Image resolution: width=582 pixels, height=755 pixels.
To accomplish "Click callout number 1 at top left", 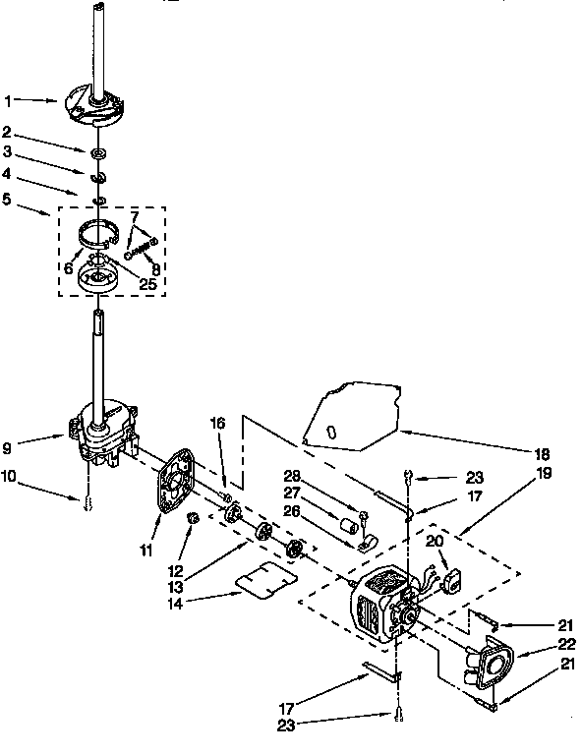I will (x=9, y=100).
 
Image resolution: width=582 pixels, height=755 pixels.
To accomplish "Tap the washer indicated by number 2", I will (x=98, y=154).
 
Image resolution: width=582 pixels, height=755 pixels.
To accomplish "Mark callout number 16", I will (x=217, y=424).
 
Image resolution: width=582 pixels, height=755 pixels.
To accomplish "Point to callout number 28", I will (x=291, y=476).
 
